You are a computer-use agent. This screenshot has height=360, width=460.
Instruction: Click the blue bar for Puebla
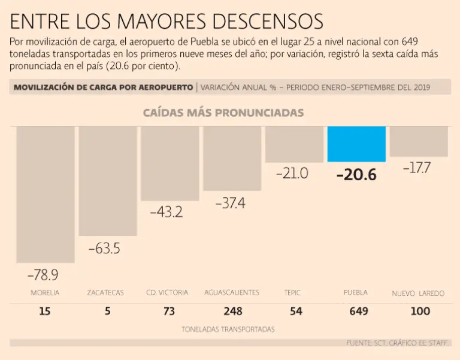click(356, 144)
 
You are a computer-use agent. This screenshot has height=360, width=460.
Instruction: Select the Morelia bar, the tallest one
click(46, 194)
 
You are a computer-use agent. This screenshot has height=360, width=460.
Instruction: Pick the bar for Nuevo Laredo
click(419, 141)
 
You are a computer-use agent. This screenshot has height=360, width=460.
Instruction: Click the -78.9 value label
click(43, 275)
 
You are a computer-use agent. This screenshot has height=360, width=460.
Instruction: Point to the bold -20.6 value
click(356, 175)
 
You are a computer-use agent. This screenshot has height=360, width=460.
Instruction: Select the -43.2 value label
click(166, 211)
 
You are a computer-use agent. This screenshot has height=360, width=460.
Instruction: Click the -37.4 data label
click(230, 203)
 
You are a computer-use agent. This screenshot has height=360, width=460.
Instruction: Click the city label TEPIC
click(292, 293)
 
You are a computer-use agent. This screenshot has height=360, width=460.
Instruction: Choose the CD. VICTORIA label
click(167, 293)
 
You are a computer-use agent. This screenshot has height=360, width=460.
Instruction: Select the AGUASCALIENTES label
click(232, 293)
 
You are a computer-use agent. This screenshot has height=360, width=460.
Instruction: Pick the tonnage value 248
click(232, 311)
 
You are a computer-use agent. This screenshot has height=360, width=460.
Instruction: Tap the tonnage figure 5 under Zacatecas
click(108, 311)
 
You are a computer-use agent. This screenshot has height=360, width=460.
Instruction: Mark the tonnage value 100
click(420, 311)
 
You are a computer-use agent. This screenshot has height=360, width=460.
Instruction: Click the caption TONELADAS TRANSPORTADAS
click(228, 329)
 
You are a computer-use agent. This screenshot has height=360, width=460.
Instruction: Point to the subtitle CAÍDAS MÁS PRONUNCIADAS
click(223, 113)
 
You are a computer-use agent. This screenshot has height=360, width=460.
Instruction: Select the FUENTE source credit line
click(398, 343)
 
